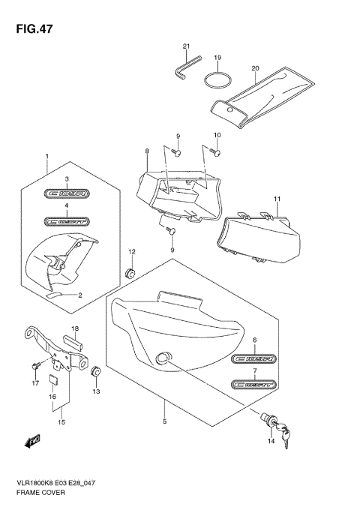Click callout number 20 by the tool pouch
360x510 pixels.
point(255,68)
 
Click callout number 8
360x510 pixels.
point(148,151)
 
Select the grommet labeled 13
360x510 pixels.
point(96,371)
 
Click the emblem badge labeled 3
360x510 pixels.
point(66,193)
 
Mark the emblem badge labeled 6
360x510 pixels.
point(254,358)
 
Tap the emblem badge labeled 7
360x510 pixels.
point(254,384)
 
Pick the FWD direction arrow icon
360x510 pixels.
point(34,441)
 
